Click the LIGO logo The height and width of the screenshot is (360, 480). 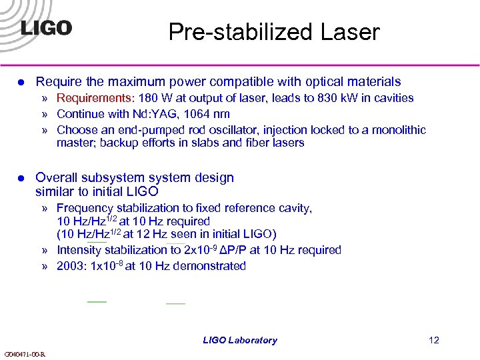point(46,28)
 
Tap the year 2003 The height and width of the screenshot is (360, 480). point(71,267)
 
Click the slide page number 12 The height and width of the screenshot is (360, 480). point(434,341)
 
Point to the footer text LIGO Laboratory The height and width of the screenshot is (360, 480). point(240,341)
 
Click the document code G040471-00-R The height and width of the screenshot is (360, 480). point(25,354)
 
